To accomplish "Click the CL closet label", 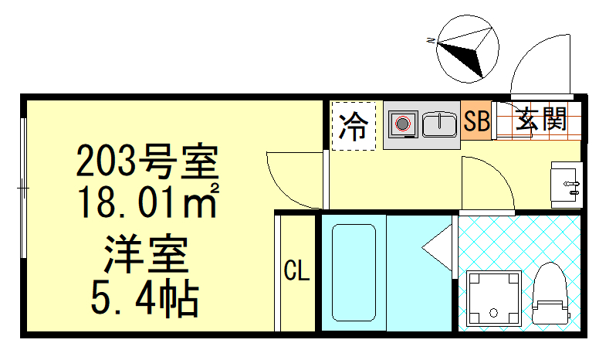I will pyautogui.click(x=296, y=271).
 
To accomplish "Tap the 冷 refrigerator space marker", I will pyautogui.click(x=354, y=125).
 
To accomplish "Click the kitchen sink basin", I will pyautogui.click(x=440, y=122).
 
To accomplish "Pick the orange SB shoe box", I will pyautogui.click(x=477, y=121).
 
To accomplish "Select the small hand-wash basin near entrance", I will pyautogui.click(x=566, y=183).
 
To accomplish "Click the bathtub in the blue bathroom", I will pyautogui.click(x=353, y=271).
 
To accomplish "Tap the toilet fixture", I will pyautogui.click(x=551, y=294).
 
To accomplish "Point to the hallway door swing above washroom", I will pyautogui.click(x=486, y=183).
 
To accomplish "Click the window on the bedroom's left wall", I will pyautogui.click(x=24, y=186).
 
